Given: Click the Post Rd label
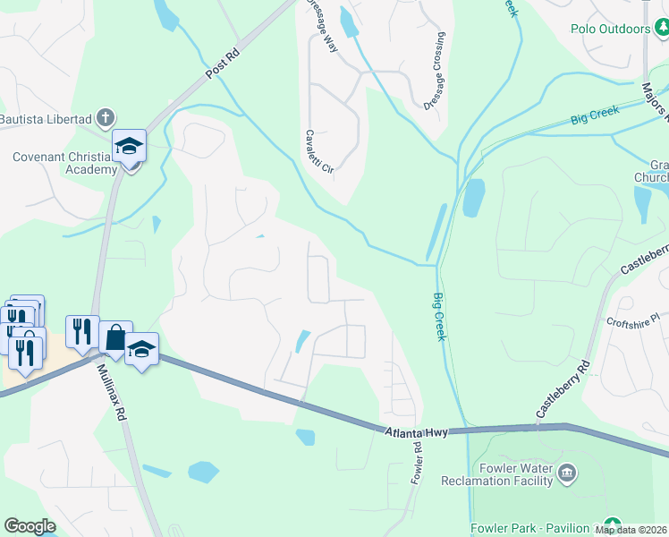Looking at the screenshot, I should pos(224,65).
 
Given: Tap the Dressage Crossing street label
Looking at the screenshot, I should pos(434,72).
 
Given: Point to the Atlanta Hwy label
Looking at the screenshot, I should pos(416,432).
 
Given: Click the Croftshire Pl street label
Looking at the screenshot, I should pos(631,317).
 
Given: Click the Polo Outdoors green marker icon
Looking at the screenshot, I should pos(661,30).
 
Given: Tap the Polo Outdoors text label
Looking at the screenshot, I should pos(611,30).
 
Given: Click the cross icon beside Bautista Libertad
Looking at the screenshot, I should pos(106,117).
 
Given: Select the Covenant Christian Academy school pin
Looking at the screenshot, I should pos(129,146).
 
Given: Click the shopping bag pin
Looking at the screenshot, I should pos(115,338).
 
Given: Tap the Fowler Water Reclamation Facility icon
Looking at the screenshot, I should pos(565,471).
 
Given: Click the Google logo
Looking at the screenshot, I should pos(30,526).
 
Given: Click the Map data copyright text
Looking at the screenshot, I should pos(631,530).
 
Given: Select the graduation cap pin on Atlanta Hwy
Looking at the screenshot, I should pos(141,348).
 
